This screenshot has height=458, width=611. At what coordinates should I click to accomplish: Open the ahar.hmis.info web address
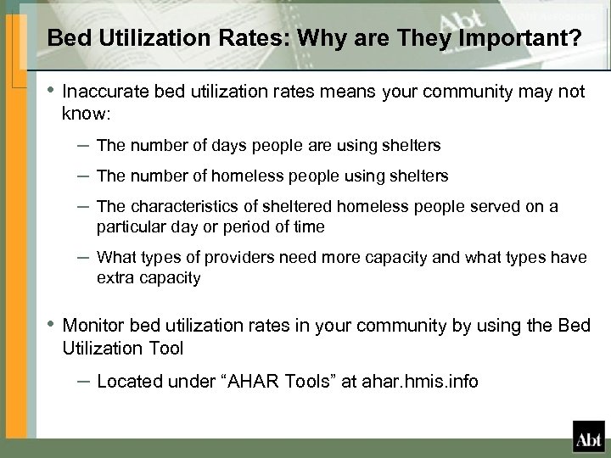pos(412,382)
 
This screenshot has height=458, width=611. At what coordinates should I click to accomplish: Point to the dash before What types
pos(82,257)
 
